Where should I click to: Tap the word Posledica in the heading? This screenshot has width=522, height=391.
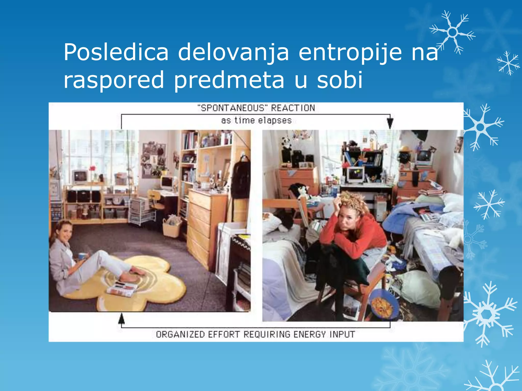116,52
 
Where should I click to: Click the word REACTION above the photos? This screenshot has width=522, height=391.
293,108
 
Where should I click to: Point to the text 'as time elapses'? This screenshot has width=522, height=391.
256,120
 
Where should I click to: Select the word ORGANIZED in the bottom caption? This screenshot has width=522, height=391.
180,334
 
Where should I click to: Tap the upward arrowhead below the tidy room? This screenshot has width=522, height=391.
122,318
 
